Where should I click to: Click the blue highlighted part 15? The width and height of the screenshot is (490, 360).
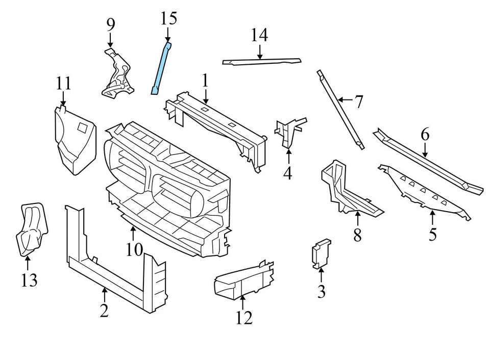pyautogui.click(x=160, y=69)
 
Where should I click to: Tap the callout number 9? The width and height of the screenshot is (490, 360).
pyautogui.click(x=111, y=24)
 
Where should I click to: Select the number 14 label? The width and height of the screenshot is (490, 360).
pyautogui.click(x=259, y=35)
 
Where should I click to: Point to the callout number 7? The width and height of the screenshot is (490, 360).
pyautogui.click(x=359, y=102)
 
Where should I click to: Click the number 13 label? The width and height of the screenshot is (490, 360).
pyautogui.click(x=29, y=280)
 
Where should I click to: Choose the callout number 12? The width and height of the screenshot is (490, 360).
pyautogui.click(x=244, y=317)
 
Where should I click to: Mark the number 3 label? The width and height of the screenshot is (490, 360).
pyautogui.click(x=321, y=292)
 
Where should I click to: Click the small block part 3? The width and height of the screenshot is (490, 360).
pyautogui.click(x=321, y=253)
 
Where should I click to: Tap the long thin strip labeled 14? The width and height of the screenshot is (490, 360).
pyautogui.click(x=261, y=62)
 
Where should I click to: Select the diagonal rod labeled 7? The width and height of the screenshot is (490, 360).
pyautogui.click(x=340, y=110)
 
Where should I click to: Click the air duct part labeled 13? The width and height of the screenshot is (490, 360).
pyautogui.click(x=32, y=228)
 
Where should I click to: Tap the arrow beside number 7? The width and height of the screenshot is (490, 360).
pyautogui.click(x=345, y=100)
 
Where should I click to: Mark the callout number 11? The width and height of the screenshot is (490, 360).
pyautogui.click(x=63, y=83)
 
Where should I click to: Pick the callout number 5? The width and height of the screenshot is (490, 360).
pyautogui.click(x=432, y=235)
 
